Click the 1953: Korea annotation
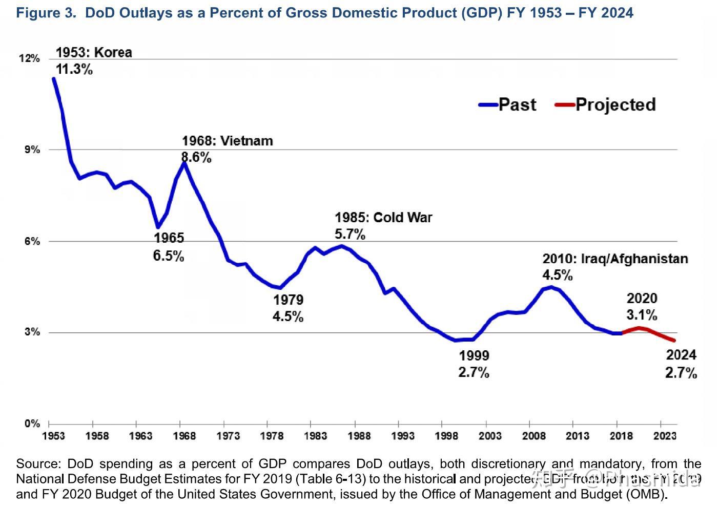point(94,52)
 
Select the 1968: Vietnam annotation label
point(227,141)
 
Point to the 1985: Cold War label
point(383,218)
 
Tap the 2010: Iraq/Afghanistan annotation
point(615,259)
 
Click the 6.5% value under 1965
point(169,256)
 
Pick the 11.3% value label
point(74,69)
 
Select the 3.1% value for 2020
point(642,314)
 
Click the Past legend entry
point(508,104)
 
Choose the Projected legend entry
point(605,104)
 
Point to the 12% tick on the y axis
point(29,58)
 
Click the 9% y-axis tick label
point(33,150)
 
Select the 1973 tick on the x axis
point(228,436)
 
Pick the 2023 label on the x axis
point(665,436)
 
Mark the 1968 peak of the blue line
point(183,163)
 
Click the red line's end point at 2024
point(674,340)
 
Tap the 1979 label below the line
point(288,300)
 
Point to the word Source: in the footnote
point(38,464)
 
